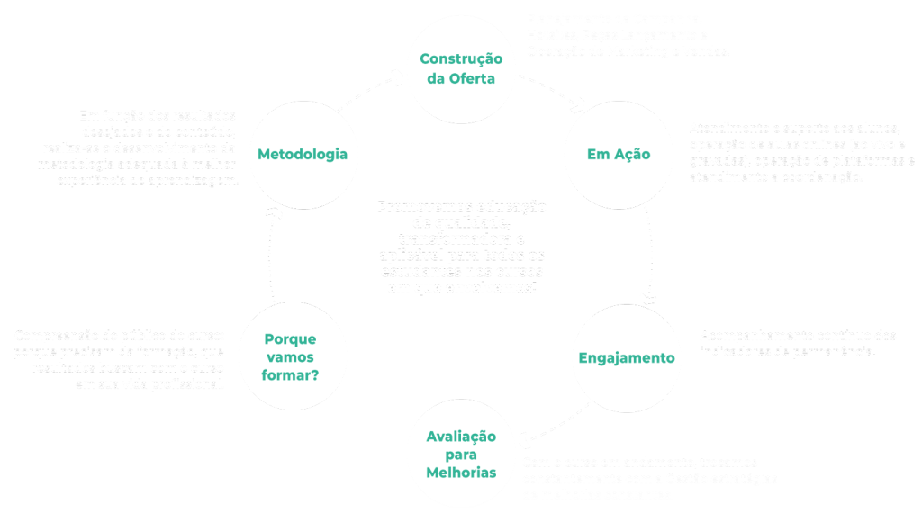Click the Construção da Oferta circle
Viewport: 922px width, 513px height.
pos(461,68)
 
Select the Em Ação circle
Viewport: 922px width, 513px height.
pos(618,154)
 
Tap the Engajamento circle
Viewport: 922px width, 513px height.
pos(626,357)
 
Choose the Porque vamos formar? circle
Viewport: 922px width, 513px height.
pos(290,356)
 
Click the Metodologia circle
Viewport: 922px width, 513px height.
pos(302,154)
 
